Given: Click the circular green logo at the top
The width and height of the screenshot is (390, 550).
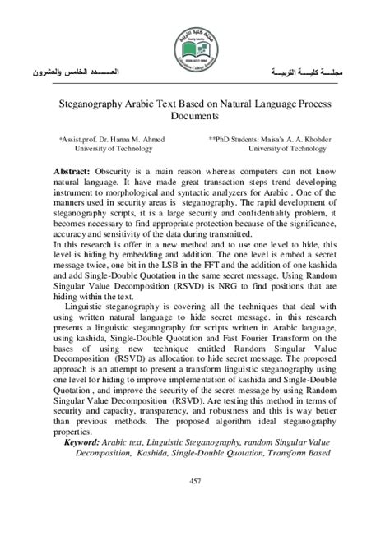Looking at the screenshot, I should [194, 48].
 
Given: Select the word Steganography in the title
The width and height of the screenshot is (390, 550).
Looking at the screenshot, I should [100, 106].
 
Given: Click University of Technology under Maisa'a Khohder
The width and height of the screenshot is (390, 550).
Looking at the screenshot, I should [286, 149].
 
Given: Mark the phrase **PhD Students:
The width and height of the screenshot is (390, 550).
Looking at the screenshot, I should [234, 140].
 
